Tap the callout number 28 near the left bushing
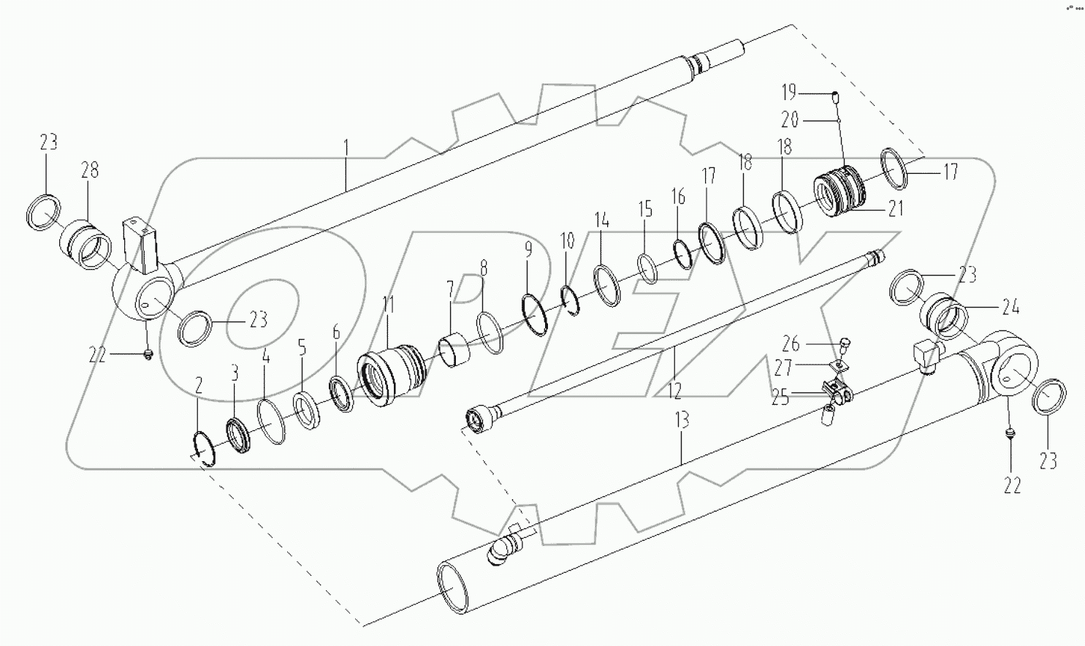(x=90, y=170)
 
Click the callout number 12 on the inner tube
(x=674, y=391)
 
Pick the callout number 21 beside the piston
(x=895, y=209)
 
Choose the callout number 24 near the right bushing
(x=1010, y=308)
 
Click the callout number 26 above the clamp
(x=791, y=343)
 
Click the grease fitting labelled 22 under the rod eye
(x=148, y=354)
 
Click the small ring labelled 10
(x=571, y=300)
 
